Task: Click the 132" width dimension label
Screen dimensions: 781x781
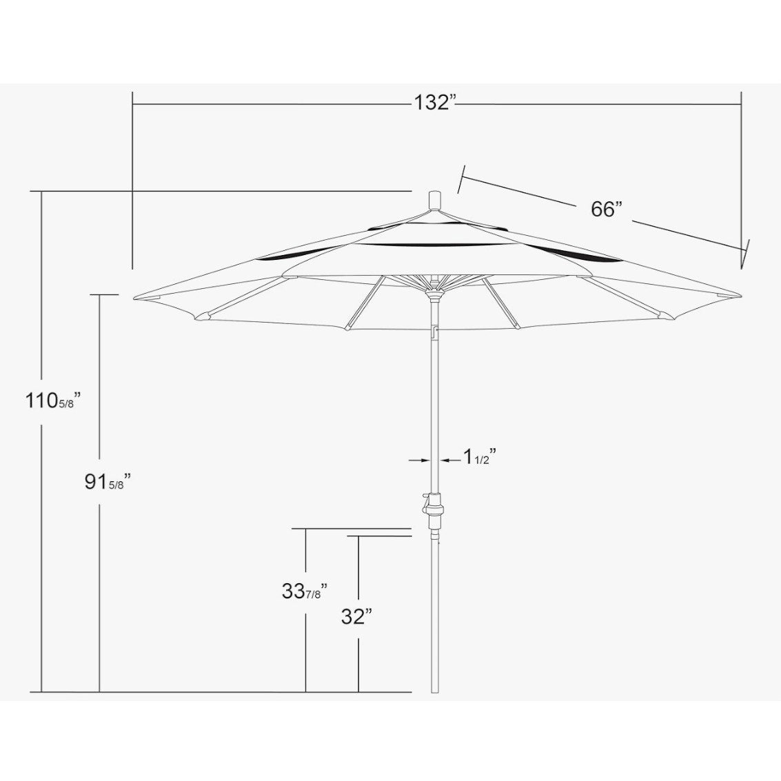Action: pos(436,103)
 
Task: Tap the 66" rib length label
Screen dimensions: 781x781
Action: pos(607,209)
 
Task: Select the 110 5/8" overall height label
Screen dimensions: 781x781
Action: pos(53,400)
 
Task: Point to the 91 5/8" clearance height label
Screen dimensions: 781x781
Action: pos(108,482)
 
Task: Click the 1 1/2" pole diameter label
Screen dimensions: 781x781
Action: pos(480,456)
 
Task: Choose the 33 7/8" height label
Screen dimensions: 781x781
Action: pos(304,591)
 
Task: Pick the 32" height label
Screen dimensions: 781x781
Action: pos(357,617)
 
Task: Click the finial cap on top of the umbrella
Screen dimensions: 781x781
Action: pos(436,200)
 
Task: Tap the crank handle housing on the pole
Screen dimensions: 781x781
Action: pos(433,511)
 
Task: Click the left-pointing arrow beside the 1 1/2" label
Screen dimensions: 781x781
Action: pos(452,460)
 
